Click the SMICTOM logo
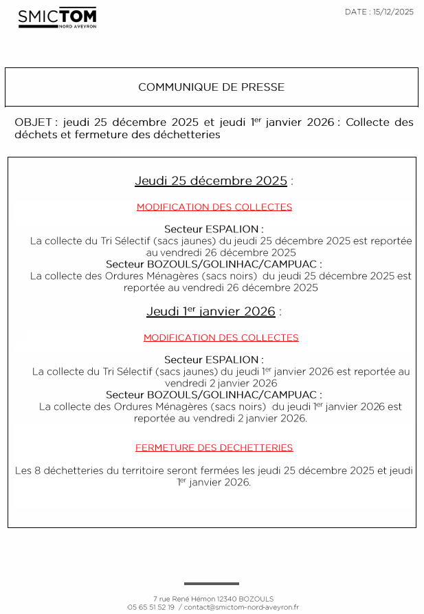(57, 17)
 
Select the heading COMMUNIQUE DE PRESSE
(211, 87)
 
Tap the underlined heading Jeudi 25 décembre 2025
(211, 181)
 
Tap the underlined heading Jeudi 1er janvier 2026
(211, 311)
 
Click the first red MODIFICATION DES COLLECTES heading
(214, 207)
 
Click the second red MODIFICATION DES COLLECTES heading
(221, 338)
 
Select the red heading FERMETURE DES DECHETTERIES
(214, 448)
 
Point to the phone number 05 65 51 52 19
(151, 607)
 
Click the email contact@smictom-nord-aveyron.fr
(241, 607)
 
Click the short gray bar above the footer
(212, 584)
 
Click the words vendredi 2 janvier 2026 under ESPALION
(221, 383)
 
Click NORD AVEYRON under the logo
(76, 26)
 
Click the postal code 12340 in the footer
(227, 599)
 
